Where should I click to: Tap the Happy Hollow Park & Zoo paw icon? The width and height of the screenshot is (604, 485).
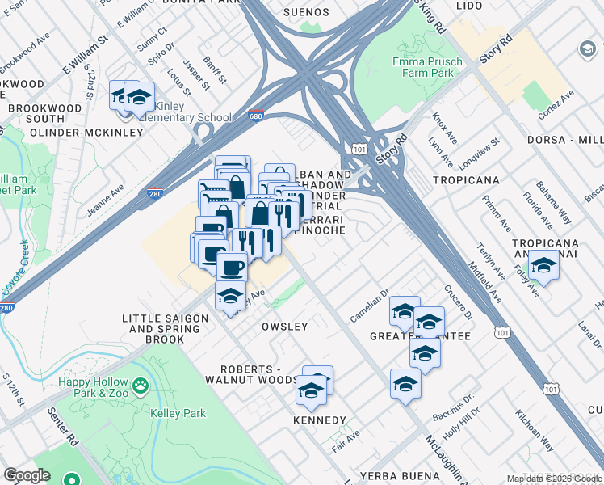click(141, 386)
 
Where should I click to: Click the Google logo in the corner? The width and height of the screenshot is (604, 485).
click(27, 474)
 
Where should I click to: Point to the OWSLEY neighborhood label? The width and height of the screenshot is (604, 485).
click(284, 327)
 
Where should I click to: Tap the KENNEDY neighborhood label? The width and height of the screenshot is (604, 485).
click(320, 420)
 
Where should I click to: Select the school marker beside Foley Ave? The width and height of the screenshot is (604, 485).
click(544, 266)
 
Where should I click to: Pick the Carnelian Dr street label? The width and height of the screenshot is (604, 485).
click(370, 303)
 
